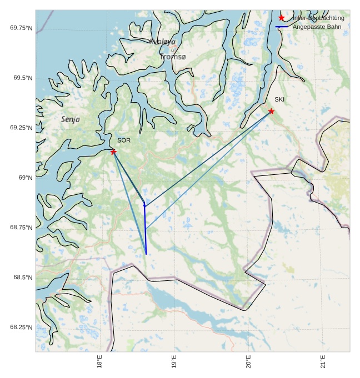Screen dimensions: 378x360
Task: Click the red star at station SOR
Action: pyautogui.click(x=113, y=152)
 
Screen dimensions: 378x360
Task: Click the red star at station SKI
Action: pyautogui.click(x=271, y=112)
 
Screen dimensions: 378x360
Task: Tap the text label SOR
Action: pyautogui.click(x=124, y=140)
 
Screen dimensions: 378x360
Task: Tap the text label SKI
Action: pyautogui.click(x=279, y=99)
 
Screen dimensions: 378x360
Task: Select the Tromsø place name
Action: pyautogui.click(x=173, y=57)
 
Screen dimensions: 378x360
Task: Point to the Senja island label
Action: pyautogui.click(x=71, y=119)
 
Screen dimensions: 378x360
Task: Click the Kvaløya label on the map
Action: pyautogui.click(x=162, y=42)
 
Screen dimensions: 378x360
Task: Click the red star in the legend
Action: pyautogui.click(x=282, y=18)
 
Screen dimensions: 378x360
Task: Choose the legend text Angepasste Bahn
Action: pyautogui.click(x=317, y=27)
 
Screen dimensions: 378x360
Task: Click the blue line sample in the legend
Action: pyautogui.click(x=282, y=27)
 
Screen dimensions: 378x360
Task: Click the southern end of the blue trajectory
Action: pyautogui.click(x=146, y=254)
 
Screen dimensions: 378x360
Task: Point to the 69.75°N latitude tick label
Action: pyautogui.click(x=21, y=28)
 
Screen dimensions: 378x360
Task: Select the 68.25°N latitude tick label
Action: pyautogui.click(x=21, y=327)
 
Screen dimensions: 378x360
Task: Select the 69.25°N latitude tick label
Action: pyautogui.click(x=21, y=128)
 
